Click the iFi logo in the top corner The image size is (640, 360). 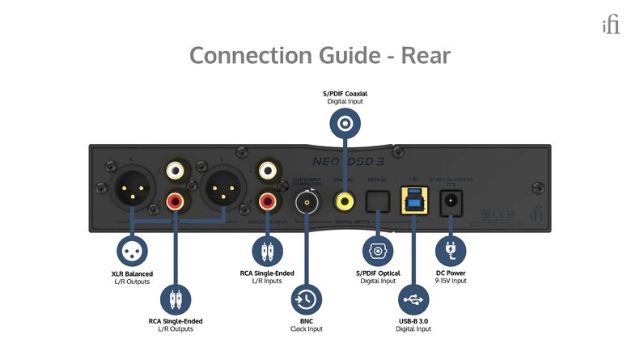(x=611, y=25)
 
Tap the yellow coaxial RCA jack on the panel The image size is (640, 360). (x=346, y=200)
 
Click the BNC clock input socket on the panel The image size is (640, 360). (x=307, y=201)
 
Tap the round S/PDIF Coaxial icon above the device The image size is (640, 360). (x=346, y=124)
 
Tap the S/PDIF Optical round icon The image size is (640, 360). (x=376, y=250)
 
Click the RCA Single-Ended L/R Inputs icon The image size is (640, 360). (x=267, y=250)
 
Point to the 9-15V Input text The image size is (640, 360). (x=450, y=281)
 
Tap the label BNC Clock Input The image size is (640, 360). (x=307, y=325)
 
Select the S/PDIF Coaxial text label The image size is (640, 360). (x=345, y=94)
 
